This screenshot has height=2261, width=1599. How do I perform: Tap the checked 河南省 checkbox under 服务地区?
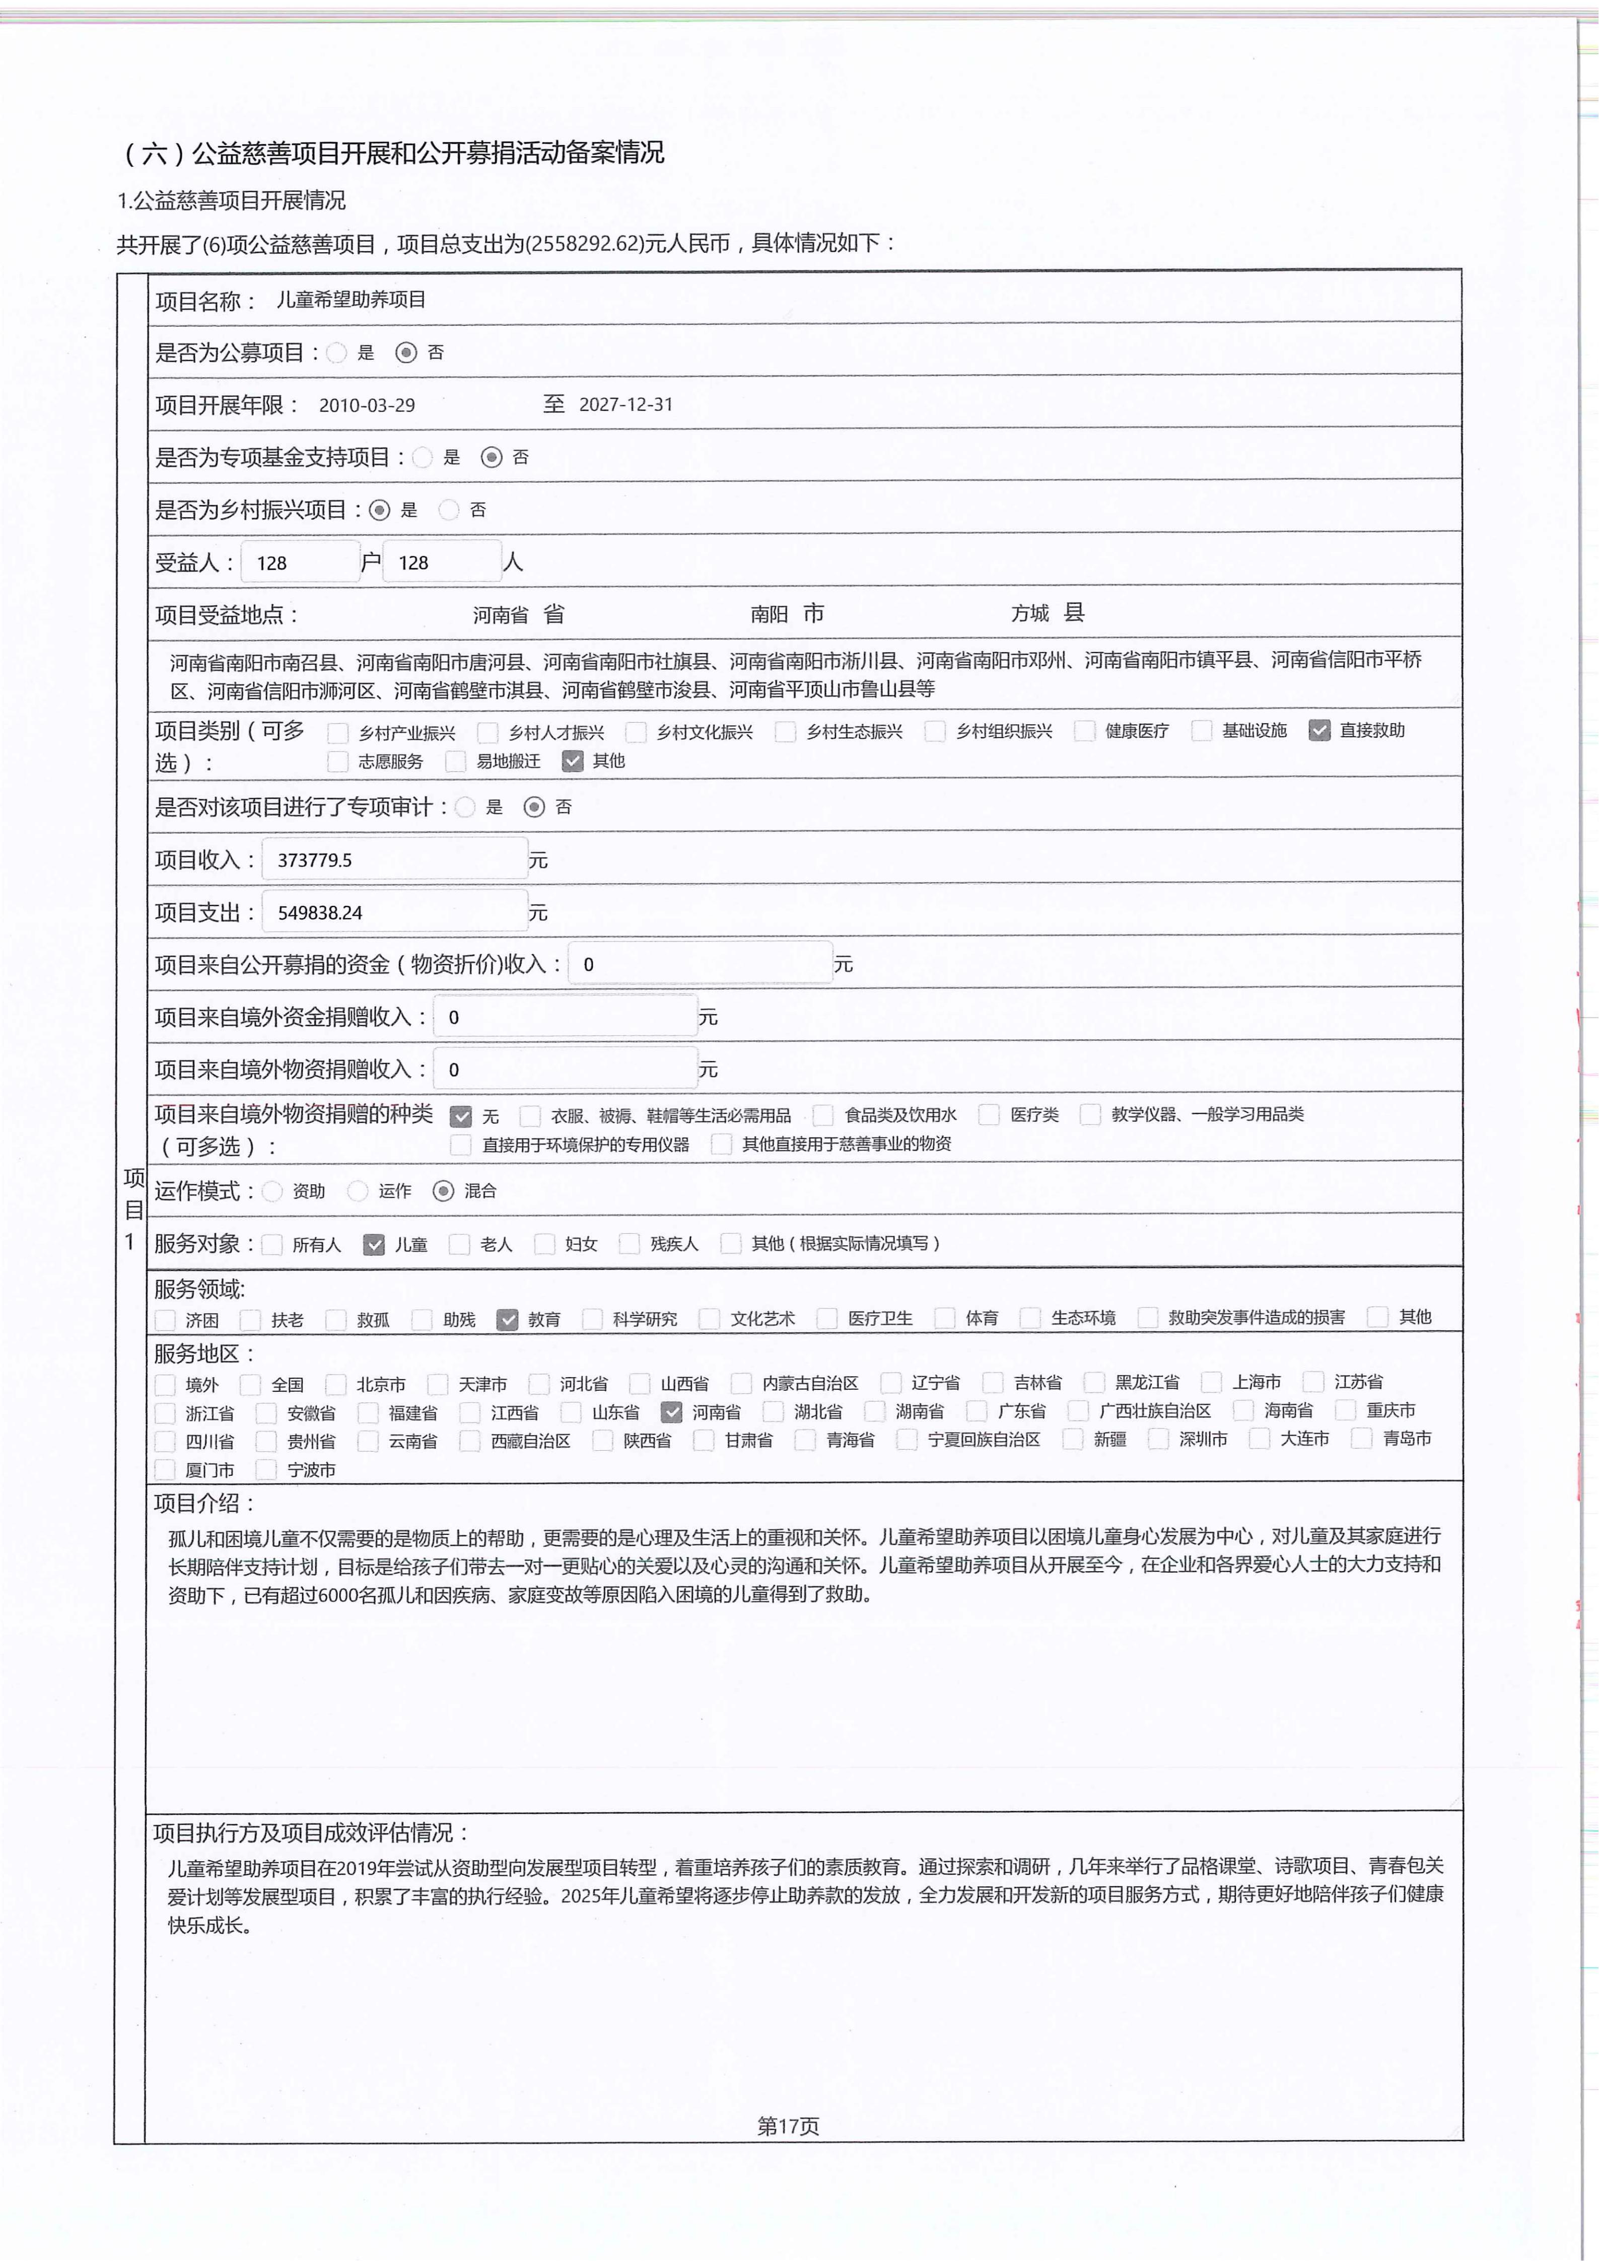point(671,1411)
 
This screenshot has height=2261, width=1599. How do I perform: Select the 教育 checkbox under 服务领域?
point(507,1319)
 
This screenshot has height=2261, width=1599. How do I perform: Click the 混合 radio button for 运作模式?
point(444,1190)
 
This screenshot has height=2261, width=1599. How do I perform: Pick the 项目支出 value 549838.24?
point(320,913)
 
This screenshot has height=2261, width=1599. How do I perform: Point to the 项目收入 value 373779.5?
point(315,860)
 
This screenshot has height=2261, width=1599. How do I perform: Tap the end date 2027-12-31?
point(626,405)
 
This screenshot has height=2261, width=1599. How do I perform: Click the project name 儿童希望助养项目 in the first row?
point(351,299)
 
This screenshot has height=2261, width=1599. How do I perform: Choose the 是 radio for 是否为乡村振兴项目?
point(380,510)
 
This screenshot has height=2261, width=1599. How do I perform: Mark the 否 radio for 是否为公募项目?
point(405,352)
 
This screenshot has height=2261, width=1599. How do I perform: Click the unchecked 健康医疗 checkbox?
point(1085,731)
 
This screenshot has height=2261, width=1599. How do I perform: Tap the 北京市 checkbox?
point(337,1384)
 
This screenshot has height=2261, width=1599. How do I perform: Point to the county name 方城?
point(1030,613)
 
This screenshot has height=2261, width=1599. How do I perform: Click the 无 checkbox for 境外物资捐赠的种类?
point(460,1116)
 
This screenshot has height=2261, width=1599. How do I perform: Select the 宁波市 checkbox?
point(266,1469)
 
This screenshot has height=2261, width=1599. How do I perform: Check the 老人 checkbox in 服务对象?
point(459,1244)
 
